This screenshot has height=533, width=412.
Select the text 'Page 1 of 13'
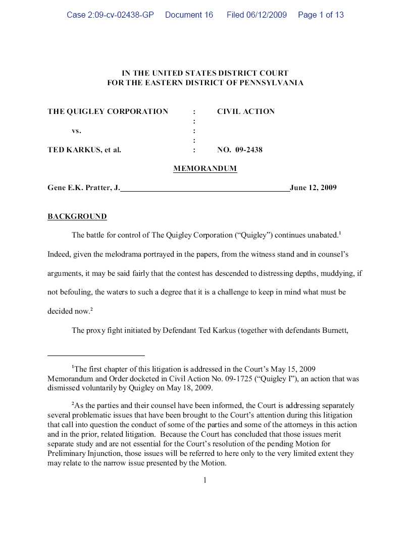click(x=321, y=15)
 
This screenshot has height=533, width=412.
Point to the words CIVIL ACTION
click(x=246, y=111)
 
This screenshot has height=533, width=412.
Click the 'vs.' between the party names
click(x=76, y=131)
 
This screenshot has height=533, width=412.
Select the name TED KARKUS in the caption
click(x=71, y=150)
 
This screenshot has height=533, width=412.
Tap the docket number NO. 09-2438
click(x=240, y=150)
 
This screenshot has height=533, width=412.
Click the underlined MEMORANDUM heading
click(x=205, y=168)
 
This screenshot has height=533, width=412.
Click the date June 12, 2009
click(x=313, y=188)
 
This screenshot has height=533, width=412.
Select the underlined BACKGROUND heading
click(x=77, y=216)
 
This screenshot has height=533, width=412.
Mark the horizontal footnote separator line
click(x=96, y=356)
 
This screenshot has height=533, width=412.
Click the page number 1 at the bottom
click(x=205, y=480)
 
